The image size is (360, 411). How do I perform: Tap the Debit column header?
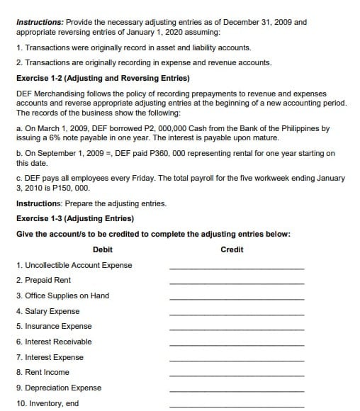tap(103, 249)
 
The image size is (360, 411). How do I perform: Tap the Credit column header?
tap(232, 249)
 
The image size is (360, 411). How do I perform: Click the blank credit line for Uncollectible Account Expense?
tap(237, 268)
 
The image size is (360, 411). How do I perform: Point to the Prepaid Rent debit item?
tap(43, 281)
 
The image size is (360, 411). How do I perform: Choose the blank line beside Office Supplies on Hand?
tap(237, 298)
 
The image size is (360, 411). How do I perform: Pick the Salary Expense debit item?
tap(47, 311)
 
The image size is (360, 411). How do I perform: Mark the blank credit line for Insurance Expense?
tap(237, 329)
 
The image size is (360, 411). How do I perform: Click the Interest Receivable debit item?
tap(54, 342)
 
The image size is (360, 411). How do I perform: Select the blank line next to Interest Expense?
tap(237, 359)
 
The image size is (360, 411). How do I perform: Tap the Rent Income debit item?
tap(43, 372)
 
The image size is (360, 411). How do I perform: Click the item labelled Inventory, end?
tap(47, 403)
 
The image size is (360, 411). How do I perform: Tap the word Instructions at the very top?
tap(38, 22)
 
